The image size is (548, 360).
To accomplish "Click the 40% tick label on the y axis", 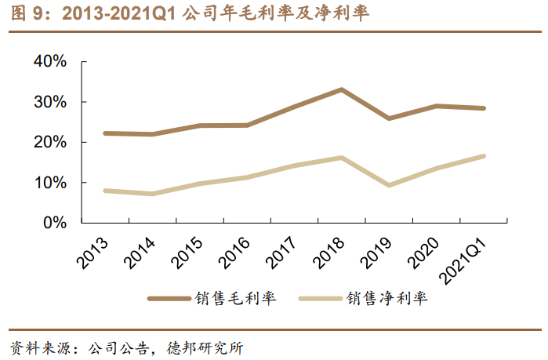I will tap(49, 63).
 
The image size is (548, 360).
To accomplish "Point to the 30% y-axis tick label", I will tap(49, 103).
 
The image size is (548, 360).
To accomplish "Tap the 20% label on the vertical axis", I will tap(49, 143).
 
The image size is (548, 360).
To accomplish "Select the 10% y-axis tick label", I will tap(49, 183).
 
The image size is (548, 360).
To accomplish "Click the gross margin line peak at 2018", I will tap(341, 89).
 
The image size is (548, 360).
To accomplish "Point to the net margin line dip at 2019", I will tap(388, 185).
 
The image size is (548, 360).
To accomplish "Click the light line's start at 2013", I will tap(105, 191).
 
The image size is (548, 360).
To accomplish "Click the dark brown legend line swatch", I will tap(170, 299).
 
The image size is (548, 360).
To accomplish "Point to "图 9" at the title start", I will tap(27, 14).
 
